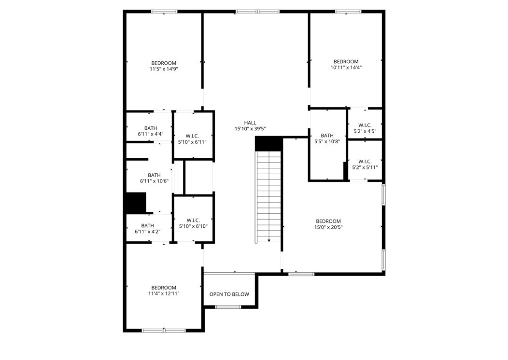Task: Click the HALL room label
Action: [x=250, y=123]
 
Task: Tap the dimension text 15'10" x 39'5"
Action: [x=250, y=129]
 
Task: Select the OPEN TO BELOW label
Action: [x=229, y=294]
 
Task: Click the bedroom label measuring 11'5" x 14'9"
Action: [x=164, y=63]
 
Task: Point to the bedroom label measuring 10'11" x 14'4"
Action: [x=346, y=61]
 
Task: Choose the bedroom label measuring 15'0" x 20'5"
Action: [x=328, y=221]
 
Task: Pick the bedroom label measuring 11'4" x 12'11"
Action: [x=164, y=287]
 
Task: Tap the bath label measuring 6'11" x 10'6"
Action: [x=154, y=175]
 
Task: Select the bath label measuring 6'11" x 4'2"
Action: [x=147, y=225]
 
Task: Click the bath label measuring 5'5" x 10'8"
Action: [x=327, y=136]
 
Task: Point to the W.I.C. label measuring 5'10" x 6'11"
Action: [x=193, y=136]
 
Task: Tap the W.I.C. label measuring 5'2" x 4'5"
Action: [x=365, y=125]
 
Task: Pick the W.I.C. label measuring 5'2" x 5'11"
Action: [x=365, y=161]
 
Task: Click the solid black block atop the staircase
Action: [x=268, y=143]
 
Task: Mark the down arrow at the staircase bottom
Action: [x=268, y=240]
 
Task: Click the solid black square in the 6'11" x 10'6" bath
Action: [x=136, y=203]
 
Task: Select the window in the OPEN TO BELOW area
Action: [x=228, y=307]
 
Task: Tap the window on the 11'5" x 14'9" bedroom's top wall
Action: [x=164, y=12]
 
